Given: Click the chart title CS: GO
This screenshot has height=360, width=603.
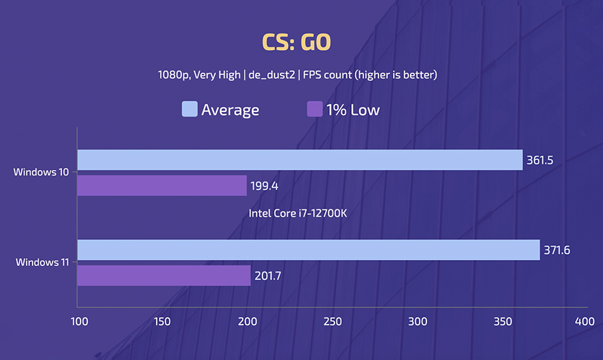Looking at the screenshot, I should [296, 43].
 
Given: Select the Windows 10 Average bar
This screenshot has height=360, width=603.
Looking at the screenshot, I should [300, 160].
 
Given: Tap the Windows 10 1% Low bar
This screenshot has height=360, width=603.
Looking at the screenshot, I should [162, 185].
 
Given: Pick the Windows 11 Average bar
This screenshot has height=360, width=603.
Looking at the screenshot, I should [308, 250].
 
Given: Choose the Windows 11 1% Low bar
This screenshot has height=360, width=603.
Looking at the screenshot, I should [164, 275].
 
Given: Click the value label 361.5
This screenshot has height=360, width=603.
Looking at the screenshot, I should [541, 160].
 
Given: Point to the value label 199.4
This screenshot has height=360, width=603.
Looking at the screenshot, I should [265, 185].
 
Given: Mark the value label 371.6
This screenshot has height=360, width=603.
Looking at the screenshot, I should [558, 250].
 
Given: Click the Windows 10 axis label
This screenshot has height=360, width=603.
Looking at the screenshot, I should [41, 172].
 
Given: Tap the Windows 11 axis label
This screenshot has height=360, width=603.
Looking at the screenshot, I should [41, 262].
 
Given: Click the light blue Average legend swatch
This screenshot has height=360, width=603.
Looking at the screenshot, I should [189, 109].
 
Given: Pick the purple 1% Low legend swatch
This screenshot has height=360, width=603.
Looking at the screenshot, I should [314, 109].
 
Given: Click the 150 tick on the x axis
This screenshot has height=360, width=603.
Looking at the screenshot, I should [163, 321].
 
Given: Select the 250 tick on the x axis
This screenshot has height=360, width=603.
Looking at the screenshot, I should [332, 321].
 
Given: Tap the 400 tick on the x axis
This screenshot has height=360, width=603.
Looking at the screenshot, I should [584, 321].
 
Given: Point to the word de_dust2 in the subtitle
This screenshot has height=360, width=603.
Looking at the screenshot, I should [272, 75].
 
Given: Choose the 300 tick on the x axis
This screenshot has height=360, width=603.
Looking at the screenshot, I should [417, 321].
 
